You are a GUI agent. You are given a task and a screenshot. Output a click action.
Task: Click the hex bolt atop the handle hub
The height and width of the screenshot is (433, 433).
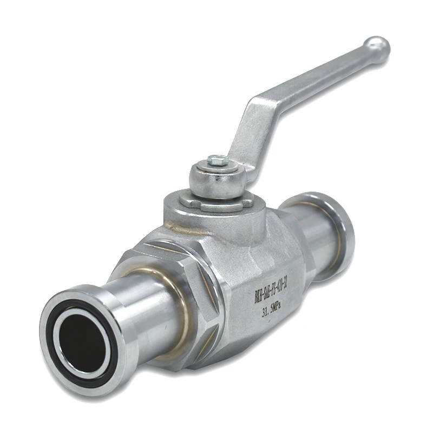pos(217,160)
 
